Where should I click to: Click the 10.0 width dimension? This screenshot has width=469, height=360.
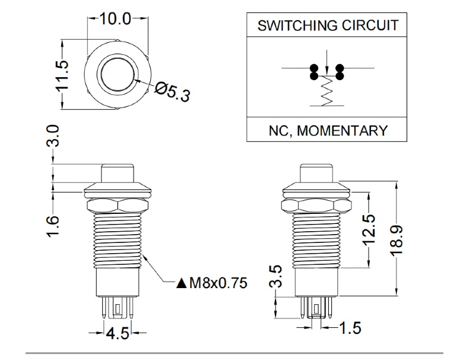tap(115, 19)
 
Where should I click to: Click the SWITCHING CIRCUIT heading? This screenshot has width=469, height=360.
tap(328, 26)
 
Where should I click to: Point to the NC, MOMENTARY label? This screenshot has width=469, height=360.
tap(327, 130)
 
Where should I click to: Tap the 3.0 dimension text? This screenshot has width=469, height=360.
tap(53, 135)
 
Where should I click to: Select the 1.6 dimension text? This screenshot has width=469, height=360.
tap(53, 226)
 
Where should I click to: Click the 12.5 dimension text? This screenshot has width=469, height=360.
tap(369, 229)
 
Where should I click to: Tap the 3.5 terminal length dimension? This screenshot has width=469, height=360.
tap(275, 277)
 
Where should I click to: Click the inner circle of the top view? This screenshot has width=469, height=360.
tap(117, 74)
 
